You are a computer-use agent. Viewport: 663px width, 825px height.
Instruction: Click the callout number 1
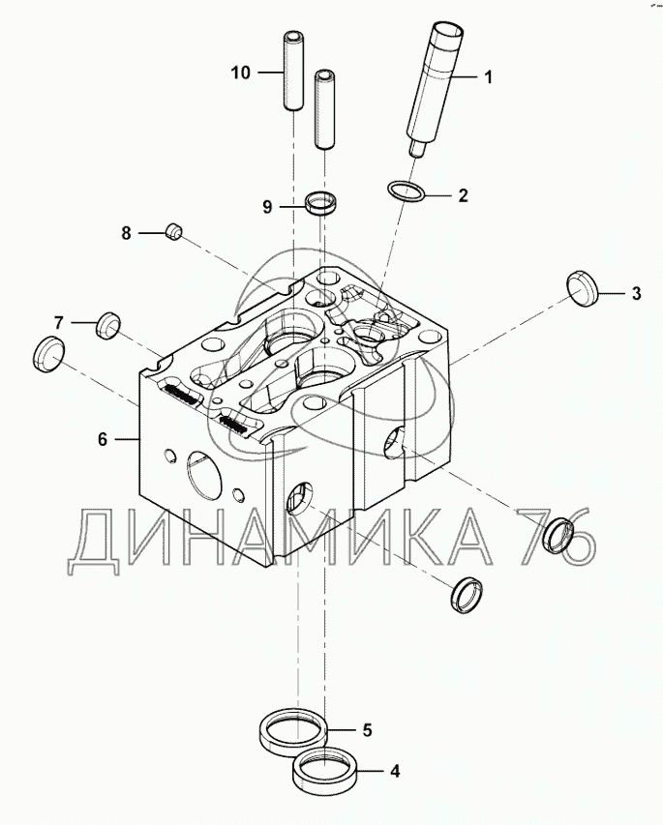488,77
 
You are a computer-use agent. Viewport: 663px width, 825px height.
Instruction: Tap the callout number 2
463,195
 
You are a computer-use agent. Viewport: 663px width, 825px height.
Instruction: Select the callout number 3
636,293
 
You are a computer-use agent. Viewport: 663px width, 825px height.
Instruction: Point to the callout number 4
395,772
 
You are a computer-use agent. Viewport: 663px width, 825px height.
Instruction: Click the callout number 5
367,730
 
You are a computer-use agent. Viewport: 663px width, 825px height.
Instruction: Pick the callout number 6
103,438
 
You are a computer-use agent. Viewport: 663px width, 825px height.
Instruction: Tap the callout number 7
58,322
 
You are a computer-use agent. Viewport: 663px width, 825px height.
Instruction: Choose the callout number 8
126,232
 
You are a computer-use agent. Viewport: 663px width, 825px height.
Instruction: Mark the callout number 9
267,207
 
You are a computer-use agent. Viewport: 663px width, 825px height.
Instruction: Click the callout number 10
241,73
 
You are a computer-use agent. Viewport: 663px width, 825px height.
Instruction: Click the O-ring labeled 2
406,192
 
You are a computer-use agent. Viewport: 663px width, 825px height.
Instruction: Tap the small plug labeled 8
174,231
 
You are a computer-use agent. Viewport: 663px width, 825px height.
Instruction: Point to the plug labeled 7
108,325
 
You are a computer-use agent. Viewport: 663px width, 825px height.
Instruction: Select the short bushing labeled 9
321,204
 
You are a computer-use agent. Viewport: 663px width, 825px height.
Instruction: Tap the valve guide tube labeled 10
293,72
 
